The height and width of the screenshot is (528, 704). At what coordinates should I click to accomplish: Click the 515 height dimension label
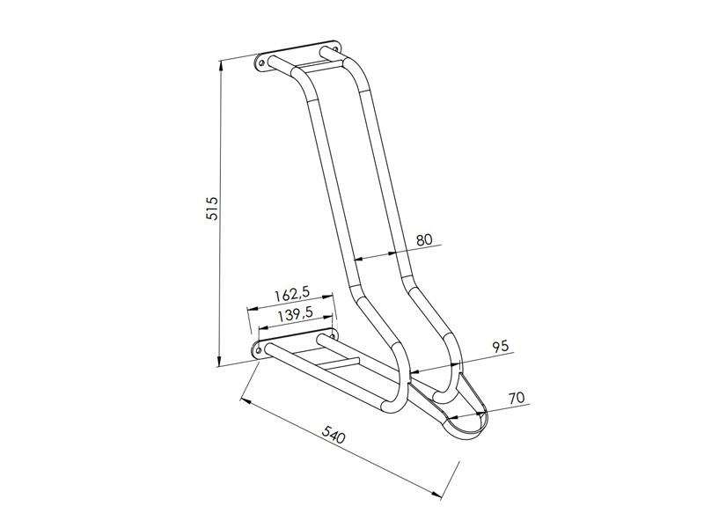click(x=211, y=208)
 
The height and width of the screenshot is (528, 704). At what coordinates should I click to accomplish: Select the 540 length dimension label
click(x=334, y=433)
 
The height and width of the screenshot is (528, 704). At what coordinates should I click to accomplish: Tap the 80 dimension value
click(x=424, y=238)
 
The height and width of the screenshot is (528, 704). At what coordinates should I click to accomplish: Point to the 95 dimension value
click(x=500, y=346)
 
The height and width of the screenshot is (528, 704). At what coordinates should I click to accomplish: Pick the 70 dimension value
click(x=517, y=397)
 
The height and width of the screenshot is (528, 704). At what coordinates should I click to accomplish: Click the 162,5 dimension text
click(x=292, y=295)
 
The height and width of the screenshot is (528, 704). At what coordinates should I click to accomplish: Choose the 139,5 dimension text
click(x=295, y=314)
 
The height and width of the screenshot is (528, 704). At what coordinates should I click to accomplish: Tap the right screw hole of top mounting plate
click(x=334, y=48)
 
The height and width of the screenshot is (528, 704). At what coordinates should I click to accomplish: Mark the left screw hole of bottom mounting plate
click(x=259, y=350)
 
